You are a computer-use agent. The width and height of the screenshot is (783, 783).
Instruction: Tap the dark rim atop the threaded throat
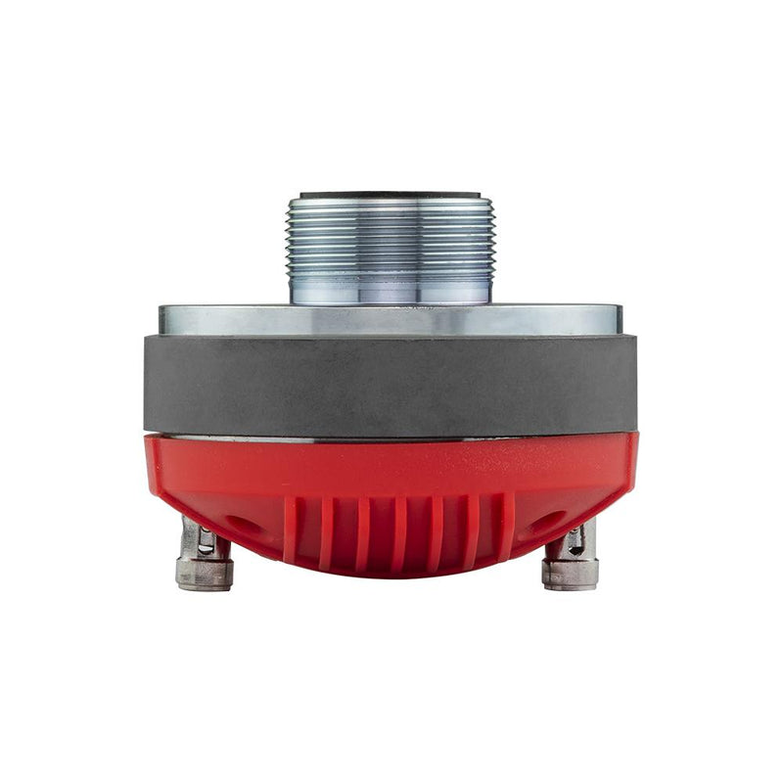click(x=391, y=196)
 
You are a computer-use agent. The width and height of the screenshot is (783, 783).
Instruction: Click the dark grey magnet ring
click(x=391, y=384)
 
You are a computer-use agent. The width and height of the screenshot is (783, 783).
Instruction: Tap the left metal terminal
click(x=203, y=563)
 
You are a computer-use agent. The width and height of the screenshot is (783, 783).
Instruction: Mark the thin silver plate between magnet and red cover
click(x=391, y=437)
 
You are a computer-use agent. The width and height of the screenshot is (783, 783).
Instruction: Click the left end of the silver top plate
click(x=168, y=320)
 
